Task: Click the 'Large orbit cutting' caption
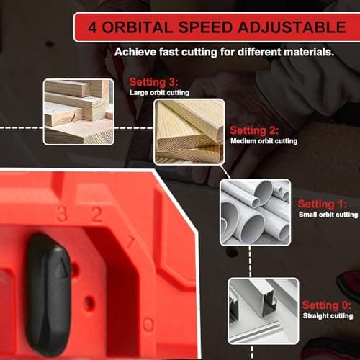point(161,93)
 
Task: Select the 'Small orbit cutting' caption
point(328,215)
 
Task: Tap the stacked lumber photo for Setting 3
point(78,111)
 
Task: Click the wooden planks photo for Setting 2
point(189,131)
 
